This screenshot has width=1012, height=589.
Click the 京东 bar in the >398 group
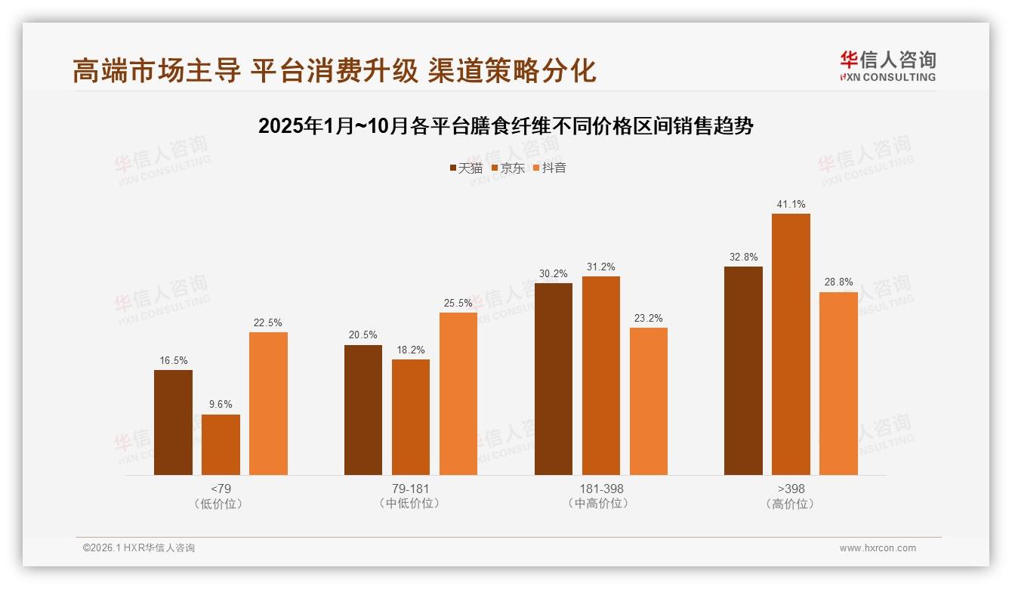pyautogui.click(x=791, y=344)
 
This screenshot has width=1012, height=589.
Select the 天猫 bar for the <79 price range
pyautogui.click(x=173, y=422)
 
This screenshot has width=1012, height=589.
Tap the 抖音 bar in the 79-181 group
pyautogui.click(x=458, y=393)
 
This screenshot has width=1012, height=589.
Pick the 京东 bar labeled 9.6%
pyautogui.click(x=221, y=445)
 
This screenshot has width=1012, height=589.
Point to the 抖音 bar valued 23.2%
pyautogui.click(x=648, y=401)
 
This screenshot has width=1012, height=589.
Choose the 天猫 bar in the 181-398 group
pyautogui.click(x=553, y=379)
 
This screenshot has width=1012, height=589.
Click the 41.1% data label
pyautogui.click(x=791, y=204)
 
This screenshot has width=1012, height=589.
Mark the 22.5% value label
pyautogui.click(x=268, y=322)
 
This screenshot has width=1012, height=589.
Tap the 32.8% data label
pyautogui.click(x=743, y=257)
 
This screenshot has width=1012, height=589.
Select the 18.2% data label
pyautogui.click(x=411, y=350)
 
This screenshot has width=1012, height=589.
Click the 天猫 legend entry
pyautogui.click(x=466, y=168)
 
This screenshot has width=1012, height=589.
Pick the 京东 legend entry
pyautogui.click(x=508, y=168)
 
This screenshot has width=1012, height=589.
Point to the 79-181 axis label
pyautogui.click(x=410, y=489)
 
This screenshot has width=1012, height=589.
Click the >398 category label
pyautogui.click(x=791, y=489)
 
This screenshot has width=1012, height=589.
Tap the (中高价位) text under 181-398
pyautogui.click(x=601, y=504)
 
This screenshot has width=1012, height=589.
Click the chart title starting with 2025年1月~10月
pyautogui.click(x=505, y=126)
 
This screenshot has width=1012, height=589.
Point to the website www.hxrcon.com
pyautogui.click(x=877, y=548)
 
